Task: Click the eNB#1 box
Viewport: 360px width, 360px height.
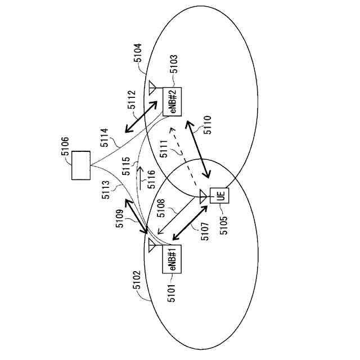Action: (172, 259)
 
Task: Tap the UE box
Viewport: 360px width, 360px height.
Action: (220, 196)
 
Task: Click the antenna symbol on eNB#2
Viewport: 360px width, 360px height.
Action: (152, 88)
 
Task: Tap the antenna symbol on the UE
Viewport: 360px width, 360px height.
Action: (203, 196)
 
